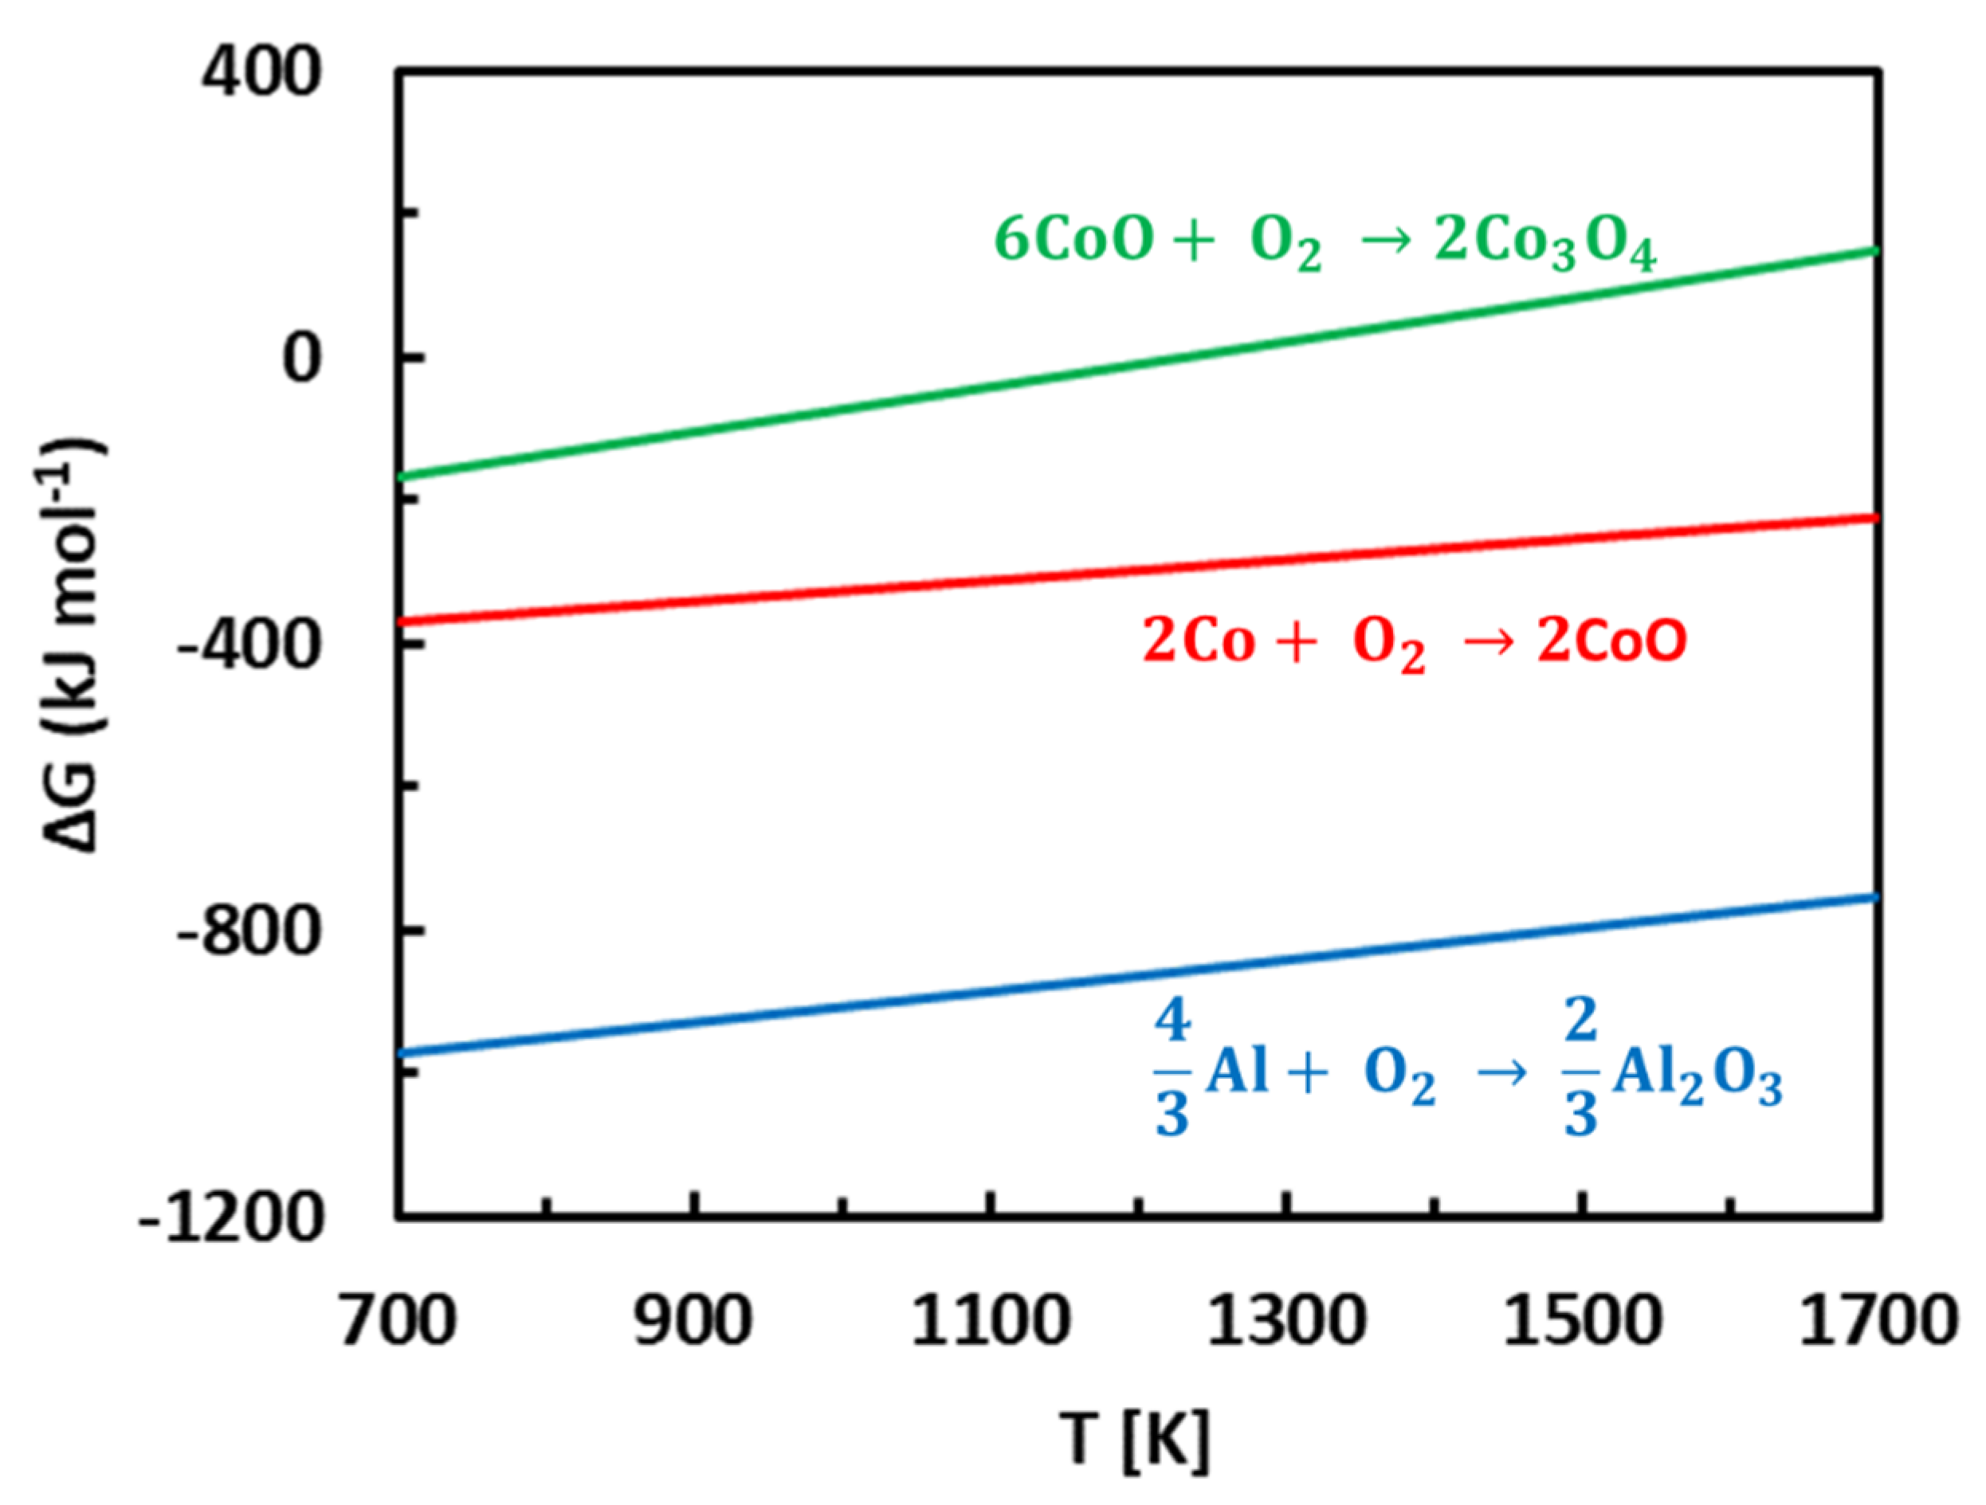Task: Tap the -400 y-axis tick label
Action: click(249, 645)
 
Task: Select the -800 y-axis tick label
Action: click(249, 931)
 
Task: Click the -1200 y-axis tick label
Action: click(231, 1219)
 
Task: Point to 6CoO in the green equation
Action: click(1073, 241)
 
